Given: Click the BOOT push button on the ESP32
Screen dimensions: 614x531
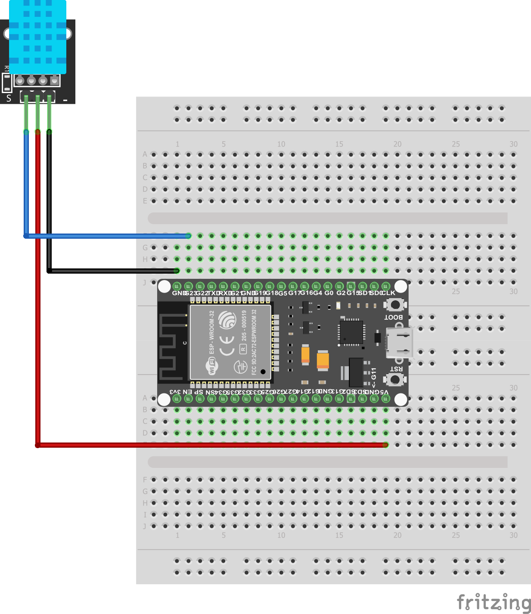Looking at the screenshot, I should (394, 305).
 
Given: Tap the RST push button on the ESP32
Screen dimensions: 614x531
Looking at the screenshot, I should (394, 380).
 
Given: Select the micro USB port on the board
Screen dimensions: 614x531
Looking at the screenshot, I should (400, 343).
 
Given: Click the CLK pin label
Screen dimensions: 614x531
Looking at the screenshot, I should (388, 293).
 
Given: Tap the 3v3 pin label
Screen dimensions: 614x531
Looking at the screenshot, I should (175, 392).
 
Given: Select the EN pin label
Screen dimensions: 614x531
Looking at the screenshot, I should (187, 392).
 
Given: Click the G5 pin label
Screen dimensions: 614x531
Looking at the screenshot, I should (283, 293).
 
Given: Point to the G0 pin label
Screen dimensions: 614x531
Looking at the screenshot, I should (329, 293).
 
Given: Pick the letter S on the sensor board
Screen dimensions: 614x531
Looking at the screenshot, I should (9, 98).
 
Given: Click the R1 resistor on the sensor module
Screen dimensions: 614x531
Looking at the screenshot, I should (7, 82).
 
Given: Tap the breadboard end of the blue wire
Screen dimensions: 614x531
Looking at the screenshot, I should (188, 236).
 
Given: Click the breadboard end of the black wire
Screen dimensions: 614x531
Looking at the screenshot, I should (177, 271).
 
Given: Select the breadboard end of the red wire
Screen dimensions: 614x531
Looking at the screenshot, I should (385, 445).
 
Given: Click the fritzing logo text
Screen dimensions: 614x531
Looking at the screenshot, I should (494, 602).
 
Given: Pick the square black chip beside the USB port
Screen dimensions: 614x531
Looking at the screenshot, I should (351, 332).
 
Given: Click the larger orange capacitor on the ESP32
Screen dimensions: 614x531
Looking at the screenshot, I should (323, 361).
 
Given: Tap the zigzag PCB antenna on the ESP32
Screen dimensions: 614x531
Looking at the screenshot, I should (172, 343).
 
